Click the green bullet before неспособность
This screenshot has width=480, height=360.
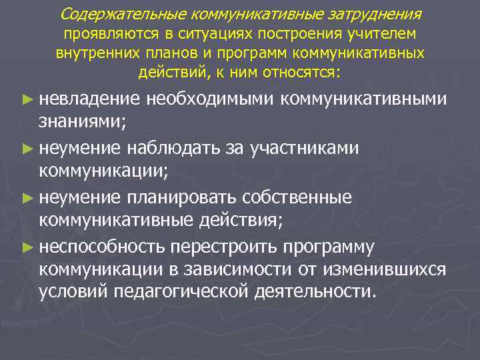[27, 246]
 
